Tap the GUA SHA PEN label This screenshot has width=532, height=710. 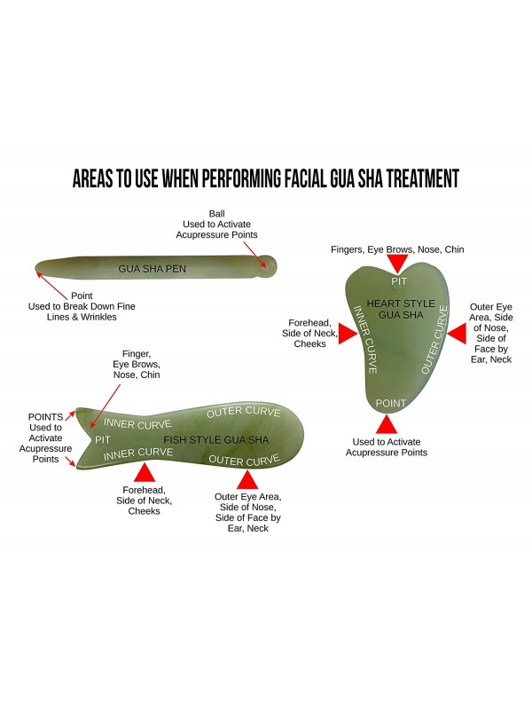coord(153,268)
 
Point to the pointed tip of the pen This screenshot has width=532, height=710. coord(37,265)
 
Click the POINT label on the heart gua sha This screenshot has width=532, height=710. coord(391,403)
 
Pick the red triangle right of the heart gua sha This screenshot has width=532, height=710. coord(455,335)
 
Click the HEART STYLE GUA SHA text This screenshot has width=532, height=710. coord(401,309)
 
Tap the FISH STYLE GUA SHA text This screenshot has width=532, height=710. coord(216,439)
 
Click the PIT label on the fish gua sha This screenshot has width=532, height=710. coord(103,439)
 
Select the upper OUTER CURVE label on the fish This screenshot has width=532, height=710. coord(244,413)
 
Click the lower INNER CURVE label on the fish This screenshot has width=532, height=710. coord(137,454)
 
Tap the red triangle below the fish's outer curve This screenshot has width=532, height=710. coord(248,479)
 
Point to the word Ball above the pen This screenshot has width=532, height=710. coord(217,214)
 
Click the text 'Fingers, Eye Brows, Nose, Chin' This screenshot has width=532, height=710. coord(397,249)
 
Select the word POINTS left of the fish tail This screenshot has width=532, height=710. coord(45,416)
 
